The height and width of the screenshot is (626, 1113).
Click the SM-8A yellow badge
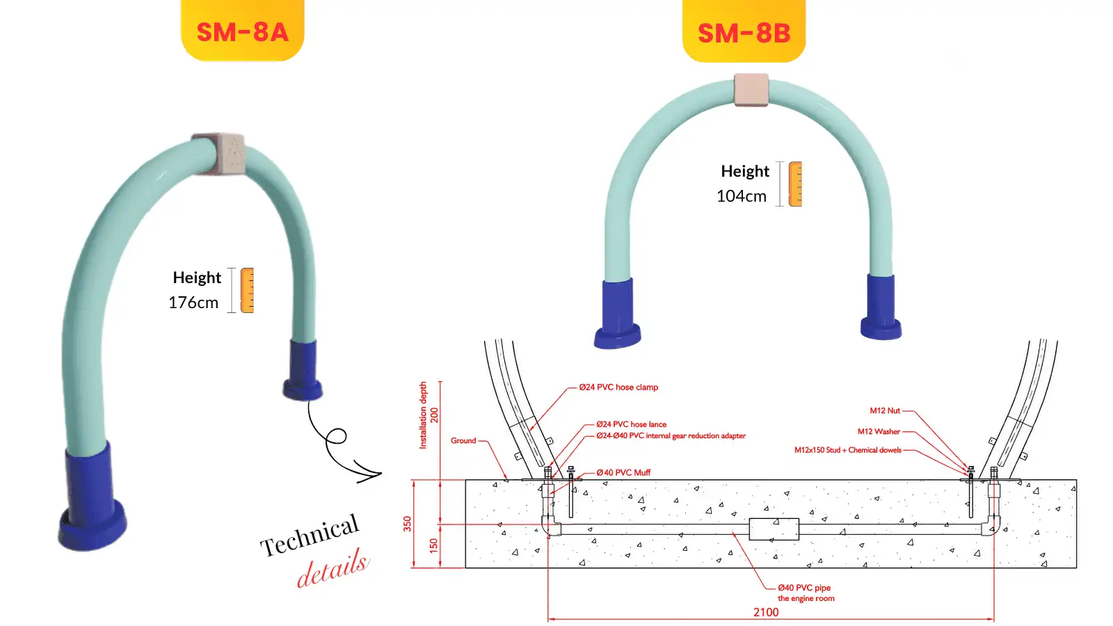[243, 30]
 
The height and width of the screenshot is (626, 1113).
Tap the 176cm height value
[193, 303]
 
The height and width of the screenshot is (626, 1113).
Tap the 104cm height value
[742, 196]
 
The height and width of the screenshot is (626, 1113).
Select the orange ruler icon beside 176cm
[247, 290]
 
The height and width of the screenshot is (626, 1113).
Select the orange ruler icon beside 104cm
[795, 184]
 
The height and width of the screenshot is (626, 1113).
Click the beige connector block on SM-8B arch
[751, 90]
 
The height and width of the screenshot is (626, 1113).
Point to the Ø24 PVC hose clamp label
[618, 387]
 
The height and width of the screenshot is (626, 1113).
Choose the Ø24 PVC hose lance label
[632, 424]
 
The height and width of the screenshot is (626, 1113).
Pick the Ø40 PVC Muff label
[623, 472]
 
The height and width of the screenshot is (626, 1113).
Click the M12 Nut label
[885, 410]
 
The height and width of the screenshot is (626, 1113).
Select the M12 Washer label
[879, 431]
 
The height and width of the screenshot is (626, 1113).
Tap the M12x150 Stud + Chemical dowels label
[848, 450]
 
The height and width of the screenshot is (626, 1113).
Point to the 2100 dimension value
[766, 612]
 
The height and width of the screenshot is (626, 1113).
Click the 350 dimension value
[408, 524]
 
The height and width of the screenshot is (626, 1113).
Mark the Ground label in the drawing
[463, 441]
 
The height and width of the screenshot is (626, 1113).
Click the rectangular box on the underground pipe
[774, 529]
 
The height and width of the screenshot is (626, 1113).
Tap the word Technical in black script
[310, 535]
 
